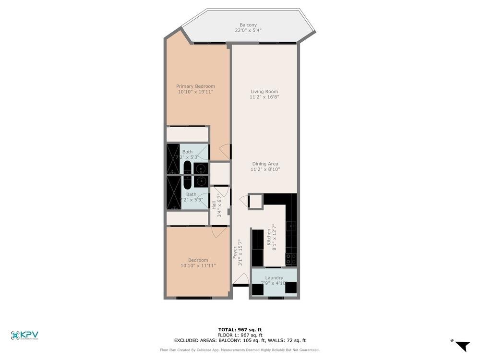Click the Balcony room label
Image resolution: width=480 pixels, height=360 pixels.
pos(248,25)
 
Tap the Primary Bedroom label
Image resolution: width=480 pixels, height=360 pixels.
pos(195,86)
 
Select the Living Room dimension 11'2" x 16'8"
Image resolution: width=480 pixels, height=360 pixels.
pos(264,97)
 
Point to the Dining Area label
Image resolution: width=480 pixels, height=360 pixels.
pos(265,164)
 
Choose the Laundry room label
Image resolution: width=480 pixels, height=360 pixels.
pos(274,277)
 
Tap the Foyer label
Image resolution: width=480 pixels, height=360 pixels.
pos(235,252)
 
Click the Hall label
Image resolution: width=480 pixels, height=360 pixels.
pos(214,205)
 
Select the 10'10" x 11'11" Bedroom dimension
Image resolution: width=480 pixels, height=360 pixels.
pos(198,265)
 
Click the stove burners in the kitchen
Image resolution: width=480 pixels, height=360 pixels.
pos(291,259)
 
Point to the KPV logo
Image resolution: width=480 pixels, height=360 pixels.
pos(24,335)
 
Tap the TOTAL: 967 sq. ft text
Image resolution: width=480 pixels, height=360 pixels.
pos(240,330)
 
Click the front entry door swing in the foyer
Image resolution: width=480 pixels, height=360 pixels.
pos(241,279)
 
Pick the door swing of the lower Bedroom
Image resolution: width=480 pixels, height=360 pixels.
pos(219,231)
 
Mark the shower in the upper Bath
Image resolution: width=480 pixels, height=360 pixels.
pos(173,158)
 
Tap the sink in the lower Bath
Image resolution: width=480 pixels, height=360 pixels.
pos(200,181)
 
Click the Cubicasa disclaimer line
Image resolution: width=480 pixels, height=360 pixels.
pos(240,350)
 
